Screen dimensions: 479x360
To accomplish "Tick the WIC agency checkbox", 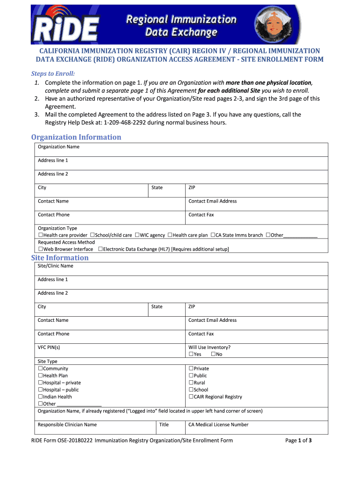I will click(x=137, y=235).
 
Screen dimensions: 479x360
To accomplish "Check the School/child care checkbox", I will click(x=92, y=235).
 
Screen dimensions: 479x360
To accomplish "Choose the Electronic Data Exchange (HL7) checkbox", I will click(x=100, y=249).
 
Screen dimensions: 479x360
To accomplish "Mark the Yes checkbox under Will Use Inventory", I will click(x=191, y=354).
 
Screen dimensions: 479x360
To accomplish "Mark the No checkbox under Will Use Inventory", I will click(x=213, y=354).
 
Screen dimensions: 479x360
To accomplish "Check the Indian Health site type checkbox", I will click(x=40, y=397).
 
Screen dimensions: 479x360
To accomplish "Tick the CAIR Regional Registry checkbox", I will click(x=191, y=397).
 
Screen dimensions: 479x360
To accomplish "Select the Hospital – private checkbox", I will click(x=40, y=383).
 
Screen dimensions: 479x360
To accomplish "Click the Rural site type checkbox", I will click(x=191, y=383).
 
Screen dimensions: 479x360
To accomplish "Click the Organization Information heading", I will click(x=76, y=137).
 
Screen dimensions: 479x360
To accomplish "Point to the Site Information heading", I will click(x=60, y=258).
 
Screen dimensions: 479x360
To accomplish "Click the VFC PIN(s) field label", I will click(x=49, y=347).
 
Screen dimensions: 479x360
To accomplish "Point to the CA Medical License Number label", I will click(x=218, y=425).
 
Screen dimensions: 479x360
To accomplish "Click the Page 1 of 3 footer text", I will click(x=298, y=440).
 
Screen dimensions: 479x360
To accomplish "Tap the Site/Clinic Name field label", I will click(x=56, y=266).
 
